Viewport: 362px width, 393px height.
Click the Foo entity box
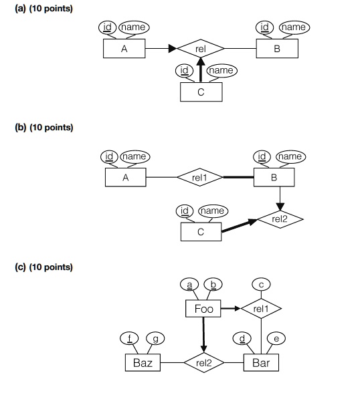[203, 309]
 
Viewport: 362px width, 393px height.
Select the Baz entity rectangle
[143, 363]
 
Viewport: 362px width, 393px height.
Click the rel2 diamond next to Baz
[203, 363]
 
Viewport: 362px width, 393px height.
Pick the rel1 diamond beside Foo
[261, 309]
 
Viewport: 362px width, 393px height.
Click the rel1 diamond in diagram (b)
[200, 178]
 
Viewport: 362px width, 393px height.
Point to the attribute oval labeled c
[261, 285]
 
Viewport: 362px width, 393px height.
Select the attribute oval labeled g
[155, 339]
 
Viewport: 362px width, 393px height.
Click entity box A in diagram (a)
[124, 49]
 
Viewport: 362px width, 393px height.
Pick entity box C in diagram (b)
[201, 232]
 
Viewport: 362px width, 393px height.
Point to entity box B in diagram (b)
[274, 178]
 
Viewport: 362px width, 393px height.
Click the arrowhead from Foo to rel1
[238, 309]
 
